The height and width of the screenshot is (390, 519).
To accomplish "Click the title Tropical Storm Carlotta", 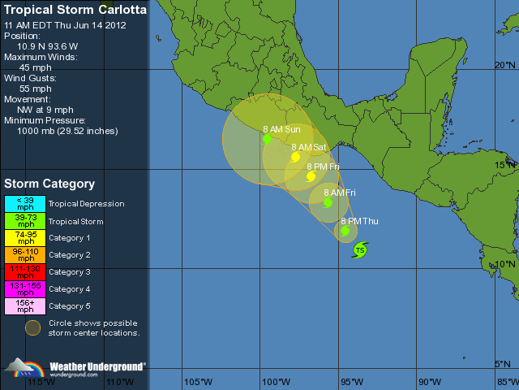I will pyautogui.click(x=75, y=11).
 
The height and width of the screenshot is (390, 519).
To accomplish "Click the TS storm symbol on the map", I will pyautogui.click(x=359, y=250).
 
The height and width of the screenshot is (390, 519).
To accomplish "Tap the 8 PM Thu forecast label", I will pyautogui.click(x=359, y=221).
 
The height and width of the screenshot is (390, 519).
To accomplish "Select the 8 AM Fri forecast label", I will pyautogui.click(x=340, y=193).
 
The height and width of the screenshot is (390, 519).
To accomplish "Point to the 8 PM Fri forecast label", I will pyautogui.click(x=323, y=167).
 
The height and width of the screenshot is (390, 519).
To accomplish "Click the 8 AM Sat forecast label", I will pyautogui.click(x=309, y=147).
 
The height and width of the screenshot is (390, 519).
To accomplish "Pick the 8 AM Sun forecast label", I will pyautogui.click(x=281, y=129).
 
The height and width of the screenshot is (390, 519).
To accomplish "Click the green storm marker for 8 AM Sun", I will pyautogui.click(x=267, y=139).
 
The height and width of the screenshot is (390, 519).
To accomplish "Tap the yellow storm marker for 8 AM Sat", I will pyautogui.click(x=296, y=157).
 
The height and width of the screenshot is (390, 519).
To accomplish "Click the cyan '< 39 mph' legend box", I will pyautogui.click(x=25, y=204).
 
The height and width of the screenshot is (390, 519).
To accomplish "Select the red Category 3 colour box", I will pyautogui.click(x=25, y=272).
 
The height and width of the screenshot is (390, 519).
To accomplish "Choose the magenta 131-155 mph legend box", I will pyautogui.click(x=25, y=289).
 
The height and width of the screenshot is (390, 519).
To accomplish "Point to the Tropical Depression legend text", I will pyautogui.click(x=87, y=204).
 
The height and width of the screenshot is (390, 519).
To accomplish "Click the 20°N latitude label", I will pyautogui.click(x=505, y=65).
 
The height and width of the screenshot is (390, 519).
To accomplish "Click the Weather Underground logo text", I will pyautogui.click(x=98, y=366).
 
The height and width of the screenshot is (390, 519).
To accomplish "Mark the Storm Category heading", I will pyautogui.click(x=49, y=184).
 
